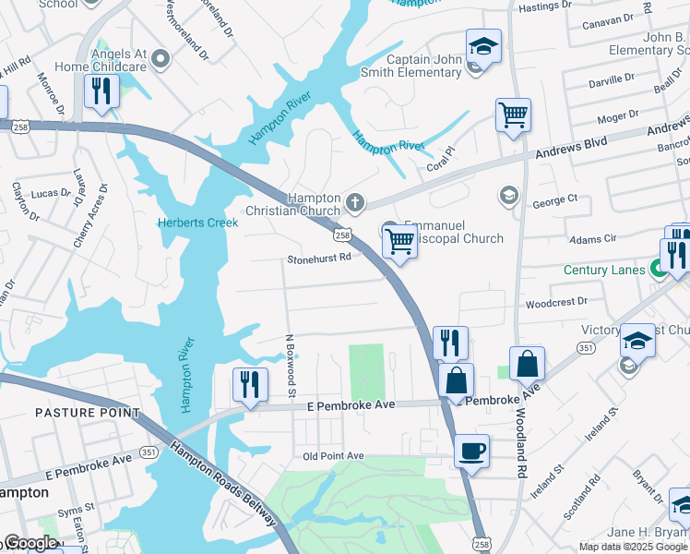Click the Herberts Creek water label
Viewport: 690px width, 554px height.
198,223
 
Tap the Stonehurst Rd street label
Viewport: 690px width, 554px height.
318,259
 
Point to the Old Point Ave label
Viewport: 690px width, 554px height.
334,456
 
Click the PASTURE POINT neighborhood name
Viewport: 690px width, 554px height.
88,413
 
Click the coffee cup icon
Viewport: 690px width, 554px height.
471,451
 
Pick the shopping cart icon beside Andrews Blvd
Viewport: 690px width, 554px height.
513,115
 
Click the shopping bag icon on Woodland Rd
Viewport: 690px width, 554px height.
527,364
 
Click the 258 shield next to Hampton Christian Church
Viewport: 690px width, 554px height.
342,235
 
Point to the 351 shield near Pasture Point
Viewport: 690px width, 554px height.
149,451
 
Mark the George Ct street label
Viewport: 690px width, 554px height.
554,199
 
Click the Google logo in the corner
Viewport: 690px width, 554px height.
30,543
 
